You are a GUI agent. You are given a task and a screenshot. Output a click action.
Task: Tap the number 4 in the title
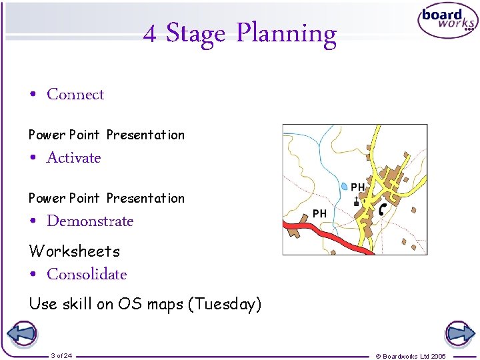coord(150,33)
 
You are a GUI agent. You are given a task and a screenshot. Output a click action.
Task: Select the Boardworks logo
coord(447,21)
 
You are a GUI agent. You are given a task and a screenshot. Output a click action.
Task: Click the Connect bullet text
coord(75,95)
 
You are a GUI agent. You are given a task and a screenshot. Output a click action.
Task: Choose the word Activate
coord(73,158)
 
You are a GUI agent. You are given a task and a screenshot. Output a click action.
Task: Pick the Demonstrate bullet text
coord(90,221)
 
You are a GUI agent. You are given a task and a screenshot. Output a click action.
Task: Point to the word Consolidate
coord(87,274)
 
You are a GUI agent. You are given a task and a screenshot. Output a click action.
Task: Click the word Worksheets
coord(74,251)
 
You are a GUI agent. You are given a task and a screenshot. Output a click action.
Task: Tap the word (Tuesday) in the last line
coord(225,305)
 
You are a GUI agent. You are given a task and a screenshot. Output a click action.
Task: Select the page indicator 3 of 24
coord(61,356)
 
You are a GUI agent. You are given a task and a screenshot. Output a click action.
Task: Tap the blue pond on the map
coord(344,187)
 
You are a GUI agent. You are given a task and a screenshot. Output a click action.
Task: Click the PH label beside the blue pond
coord(358,187)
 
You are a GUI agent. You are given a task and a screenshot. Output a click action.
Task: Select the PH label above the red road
coord(320,213)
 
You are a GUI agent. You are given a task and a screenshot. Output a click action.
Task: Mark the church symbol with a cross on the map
coord(356,201)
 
